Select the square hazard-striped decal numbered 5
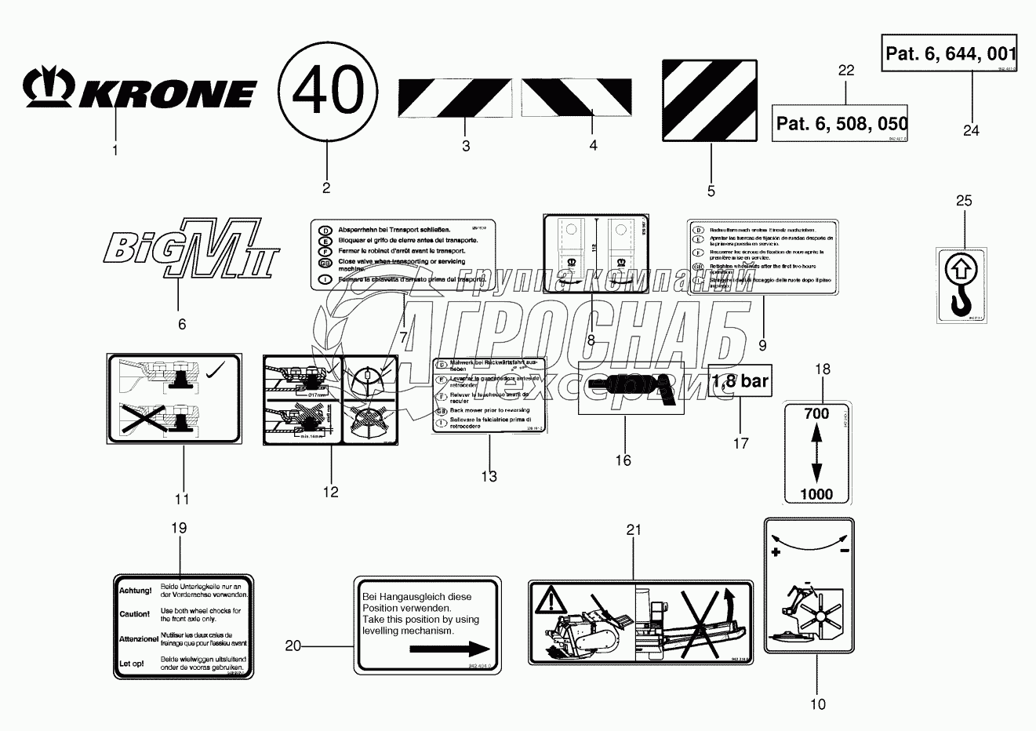(x=711, y=100)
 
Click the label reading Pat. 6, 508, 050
(x=842, y=123)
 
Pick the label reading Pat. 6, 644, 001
(x=951, y=54)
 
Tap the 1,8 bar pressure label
(x=740, y=382)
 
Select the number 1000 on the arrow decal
(x=816, y=494)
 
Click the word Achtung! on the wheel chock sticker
(x=135, y=590)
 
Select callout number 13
(x=489, y=476)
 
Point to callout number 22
(x=845, y=71)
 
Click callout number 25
(x=964, y=201)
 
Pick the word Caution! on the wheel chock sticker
(x=135, y=614)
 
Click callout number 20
(x=293, y=646)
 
